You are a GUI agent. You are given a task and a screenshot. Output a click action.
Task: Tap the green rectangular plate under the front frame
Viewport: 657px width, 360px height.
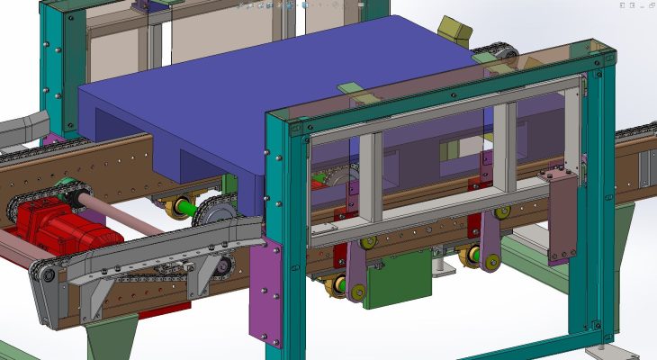pyautogui.click(x=400, y=280)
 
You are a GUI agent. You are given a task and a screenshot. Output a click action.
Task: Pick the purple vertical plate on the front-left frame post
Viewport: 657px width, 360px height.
pyautogui.click(x=265, y=292)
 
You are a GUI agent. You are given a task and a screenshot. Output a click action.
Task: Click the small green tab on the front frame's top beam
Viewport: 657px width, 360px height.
pyautogui.click(x=348, y=88)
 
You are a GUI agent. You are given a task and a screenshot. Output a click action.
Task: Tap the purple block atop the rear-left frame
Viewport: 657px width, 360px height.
pyautogui.click(x=143, y=8)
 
